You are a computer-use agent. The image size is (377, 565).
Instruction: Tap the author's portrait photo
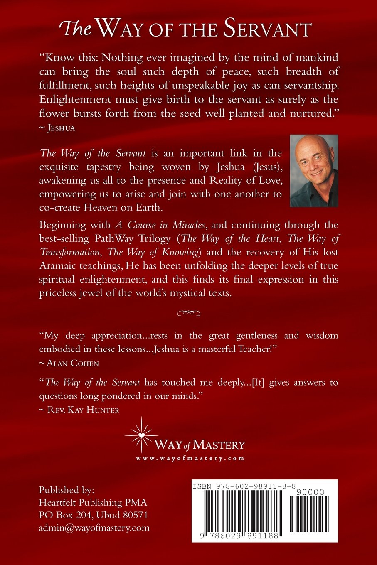[314, 171]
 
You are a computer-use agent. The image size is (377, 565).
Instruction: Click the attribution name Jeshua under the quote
[61, 128]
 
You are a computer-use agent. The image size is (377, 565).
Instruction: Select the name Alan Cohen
[73, 363]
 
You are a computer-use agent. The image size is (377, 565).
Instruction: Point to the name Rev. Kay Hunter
[83, 410]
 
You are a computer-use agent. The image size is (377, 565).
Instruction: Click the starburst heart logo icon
[142, 435]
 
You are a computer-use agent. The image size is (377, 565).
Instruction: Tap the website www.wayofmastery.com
[190, 459]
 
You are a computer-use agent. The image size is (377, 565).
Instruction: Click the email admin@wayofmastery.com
[94, 528]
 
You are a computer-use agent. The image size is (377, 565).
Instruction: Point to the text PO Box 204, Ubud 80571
[94, 515]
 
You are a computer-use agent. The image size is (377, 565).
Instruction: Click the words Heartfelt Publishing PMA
[93, 503]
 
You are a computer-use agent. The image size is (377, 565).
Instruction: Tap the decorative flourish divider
[189, 313]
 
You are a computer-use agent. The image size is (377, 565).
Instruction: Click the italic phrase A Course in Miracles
[160, 225]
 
